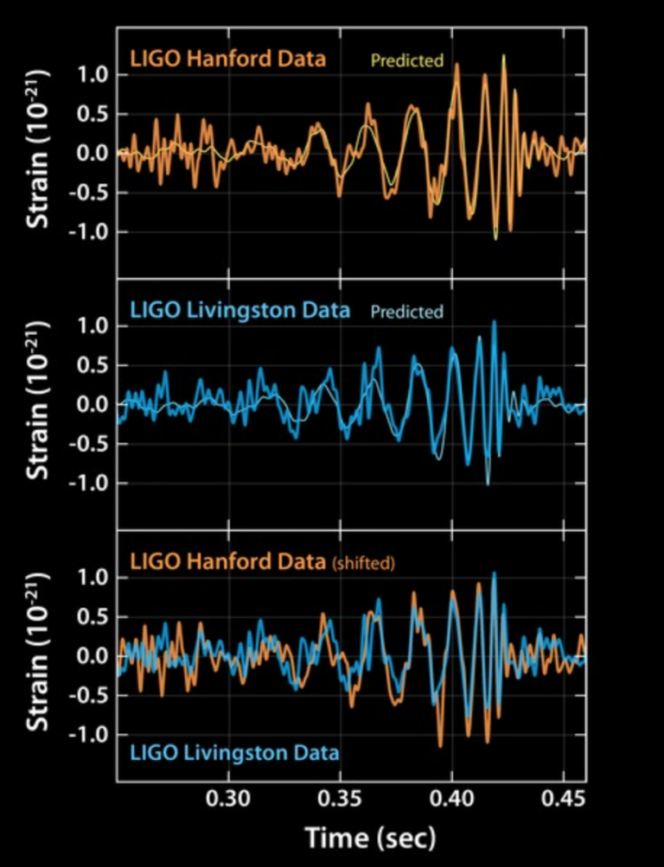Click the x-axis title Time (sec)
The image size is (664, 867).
tap(370, 837)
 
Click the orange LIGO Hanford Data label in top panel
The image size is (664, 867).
tap(228, 60)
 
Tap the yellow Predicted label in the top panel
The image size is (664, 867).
tap(406, 60)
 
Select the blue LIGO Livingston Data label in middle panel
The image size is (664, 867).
tap(240, 311)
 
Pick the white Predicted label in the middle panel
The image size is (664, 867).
tap(406, 312)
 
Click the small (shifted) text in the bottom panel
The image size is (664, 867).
tap(363, 564)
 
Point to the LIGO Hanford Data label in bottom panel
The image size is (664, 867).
tap(228, 561)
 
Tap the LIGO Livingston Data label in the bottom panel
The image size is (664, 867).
tap(234, 752)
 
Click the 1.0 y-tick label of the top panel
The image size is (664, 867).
tap(91, 75)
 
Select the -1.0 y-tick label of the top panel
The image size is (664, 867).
tap(86, 232)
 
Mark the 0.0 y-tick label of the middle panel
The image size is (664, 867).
tap(91, 405)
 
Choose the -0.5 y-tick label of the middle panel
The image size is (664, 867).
tap(86, 445)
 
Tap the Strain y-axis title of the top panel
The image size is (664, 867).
tap(38, 152)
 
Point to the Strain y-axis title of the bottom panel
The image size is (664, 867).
tap(38, 656)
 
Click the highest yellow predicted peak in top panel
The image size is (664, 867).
tap(503, 57)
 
